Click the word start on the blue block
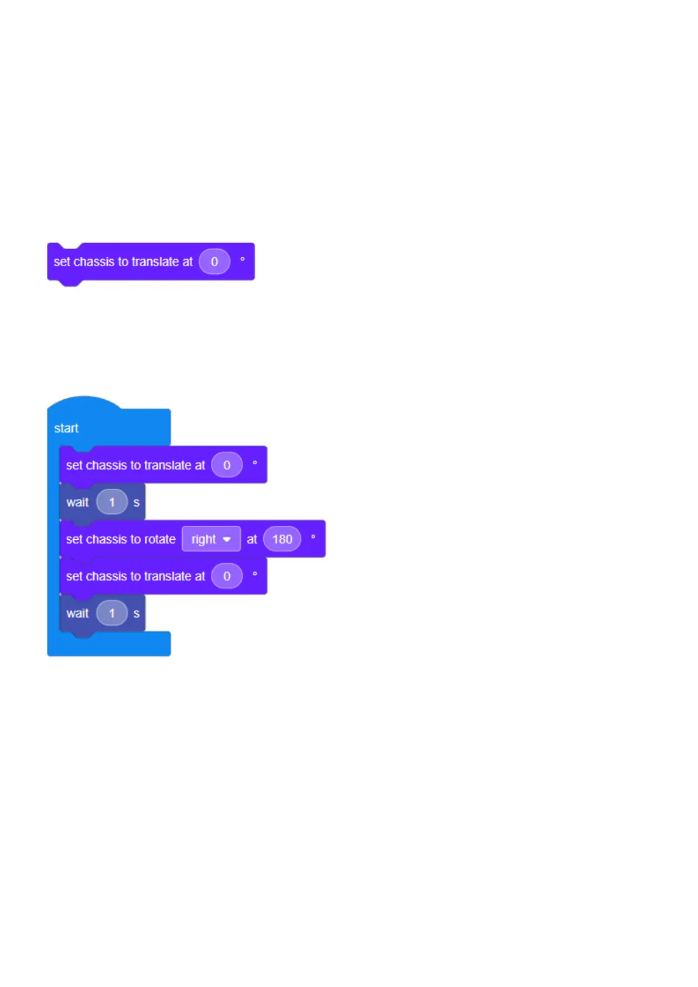click(x=66, y=428)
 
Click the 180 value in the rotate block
click(x=282, y=539)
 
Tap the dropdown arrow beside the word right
click(x=227, y=540)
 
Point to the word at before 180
click(x=252, y=539)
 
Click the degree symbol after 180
click(x=313, y=536)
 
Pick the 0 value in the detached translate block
click(x=214, y=261)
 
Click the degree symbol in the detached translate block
click(x=243, y=258)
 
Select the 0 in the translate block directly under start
click(x=227, y=465)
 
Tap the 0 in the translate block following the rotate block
click(x=227, y=576)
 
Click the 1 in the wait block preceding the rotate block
click(x=112, y=502)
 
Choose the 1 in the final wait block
click(x=112, y=613)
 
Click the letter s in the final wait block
click(x=137, y=614)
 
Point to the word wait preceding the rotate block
click(x=77, y=502)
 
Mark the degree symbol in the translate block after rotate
click(x=255, y=573)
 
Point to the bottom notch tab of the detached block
click(x=70, y=283)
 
